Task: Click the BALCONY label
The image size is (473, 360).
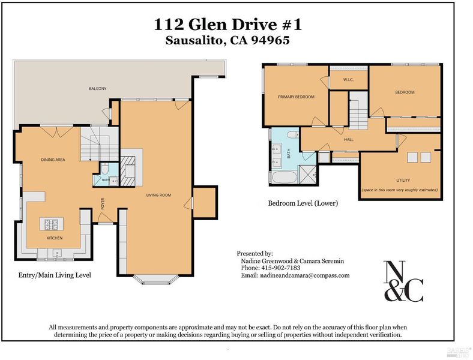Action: point(97,89)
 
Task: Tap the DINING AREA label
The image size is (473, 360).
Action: point(53,160)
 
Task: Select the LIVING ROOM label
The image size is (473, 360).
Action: point(158,195)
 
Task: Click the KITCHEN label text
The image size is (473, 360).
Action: point(55,238)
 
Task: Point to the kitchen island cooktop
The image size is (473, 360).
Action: point(51,224)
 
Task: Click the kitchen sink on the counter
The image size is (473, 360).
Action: point(56,253)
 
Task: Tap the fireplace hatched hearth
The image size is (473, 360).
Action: point(128,170)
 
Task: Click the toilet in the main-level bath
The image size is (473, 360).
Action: point(104,168)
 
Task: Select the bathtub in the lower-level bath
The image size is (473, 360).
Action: point(284,177)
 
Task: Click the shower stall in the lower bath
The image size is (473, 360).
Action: point(307,175)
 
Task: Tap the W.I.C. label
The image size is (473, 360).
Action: point(348,80)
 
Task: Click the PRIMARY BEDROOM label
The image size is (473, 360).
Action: point(297,97)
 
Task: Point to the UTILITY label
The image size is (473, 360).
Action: point(403,181)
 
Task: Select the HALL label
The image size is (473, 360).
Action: point(349,140)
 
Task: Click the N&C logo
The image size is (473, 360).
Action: point(403,281)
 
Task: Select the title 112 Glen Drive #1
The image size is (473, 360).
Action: point(228,25)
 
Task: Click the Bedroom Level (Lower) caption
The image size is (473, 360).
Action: point(303,203)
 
